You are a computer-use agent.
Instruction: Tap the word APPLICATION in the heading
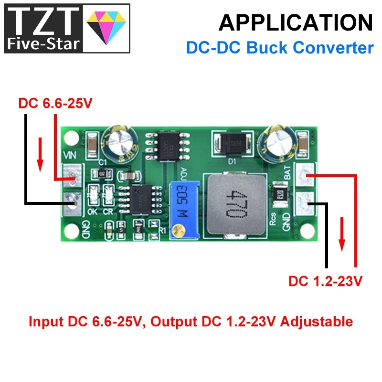coord(296,22)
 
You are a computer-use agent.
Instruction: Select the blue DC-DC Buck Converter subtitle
coord(279,48)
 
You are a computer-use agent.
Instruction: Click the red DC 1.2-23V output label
coord(325,281)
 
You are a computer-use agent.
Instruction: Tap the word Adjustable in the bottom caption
coord(316,321)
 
